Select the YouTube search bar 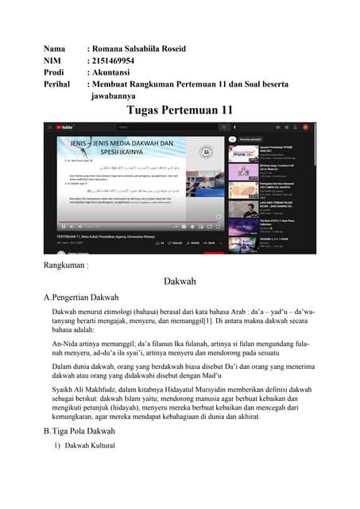pos(159,127)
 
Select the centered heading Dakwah pos(180,282)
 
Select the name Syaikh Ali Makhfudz pos(87,390)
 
